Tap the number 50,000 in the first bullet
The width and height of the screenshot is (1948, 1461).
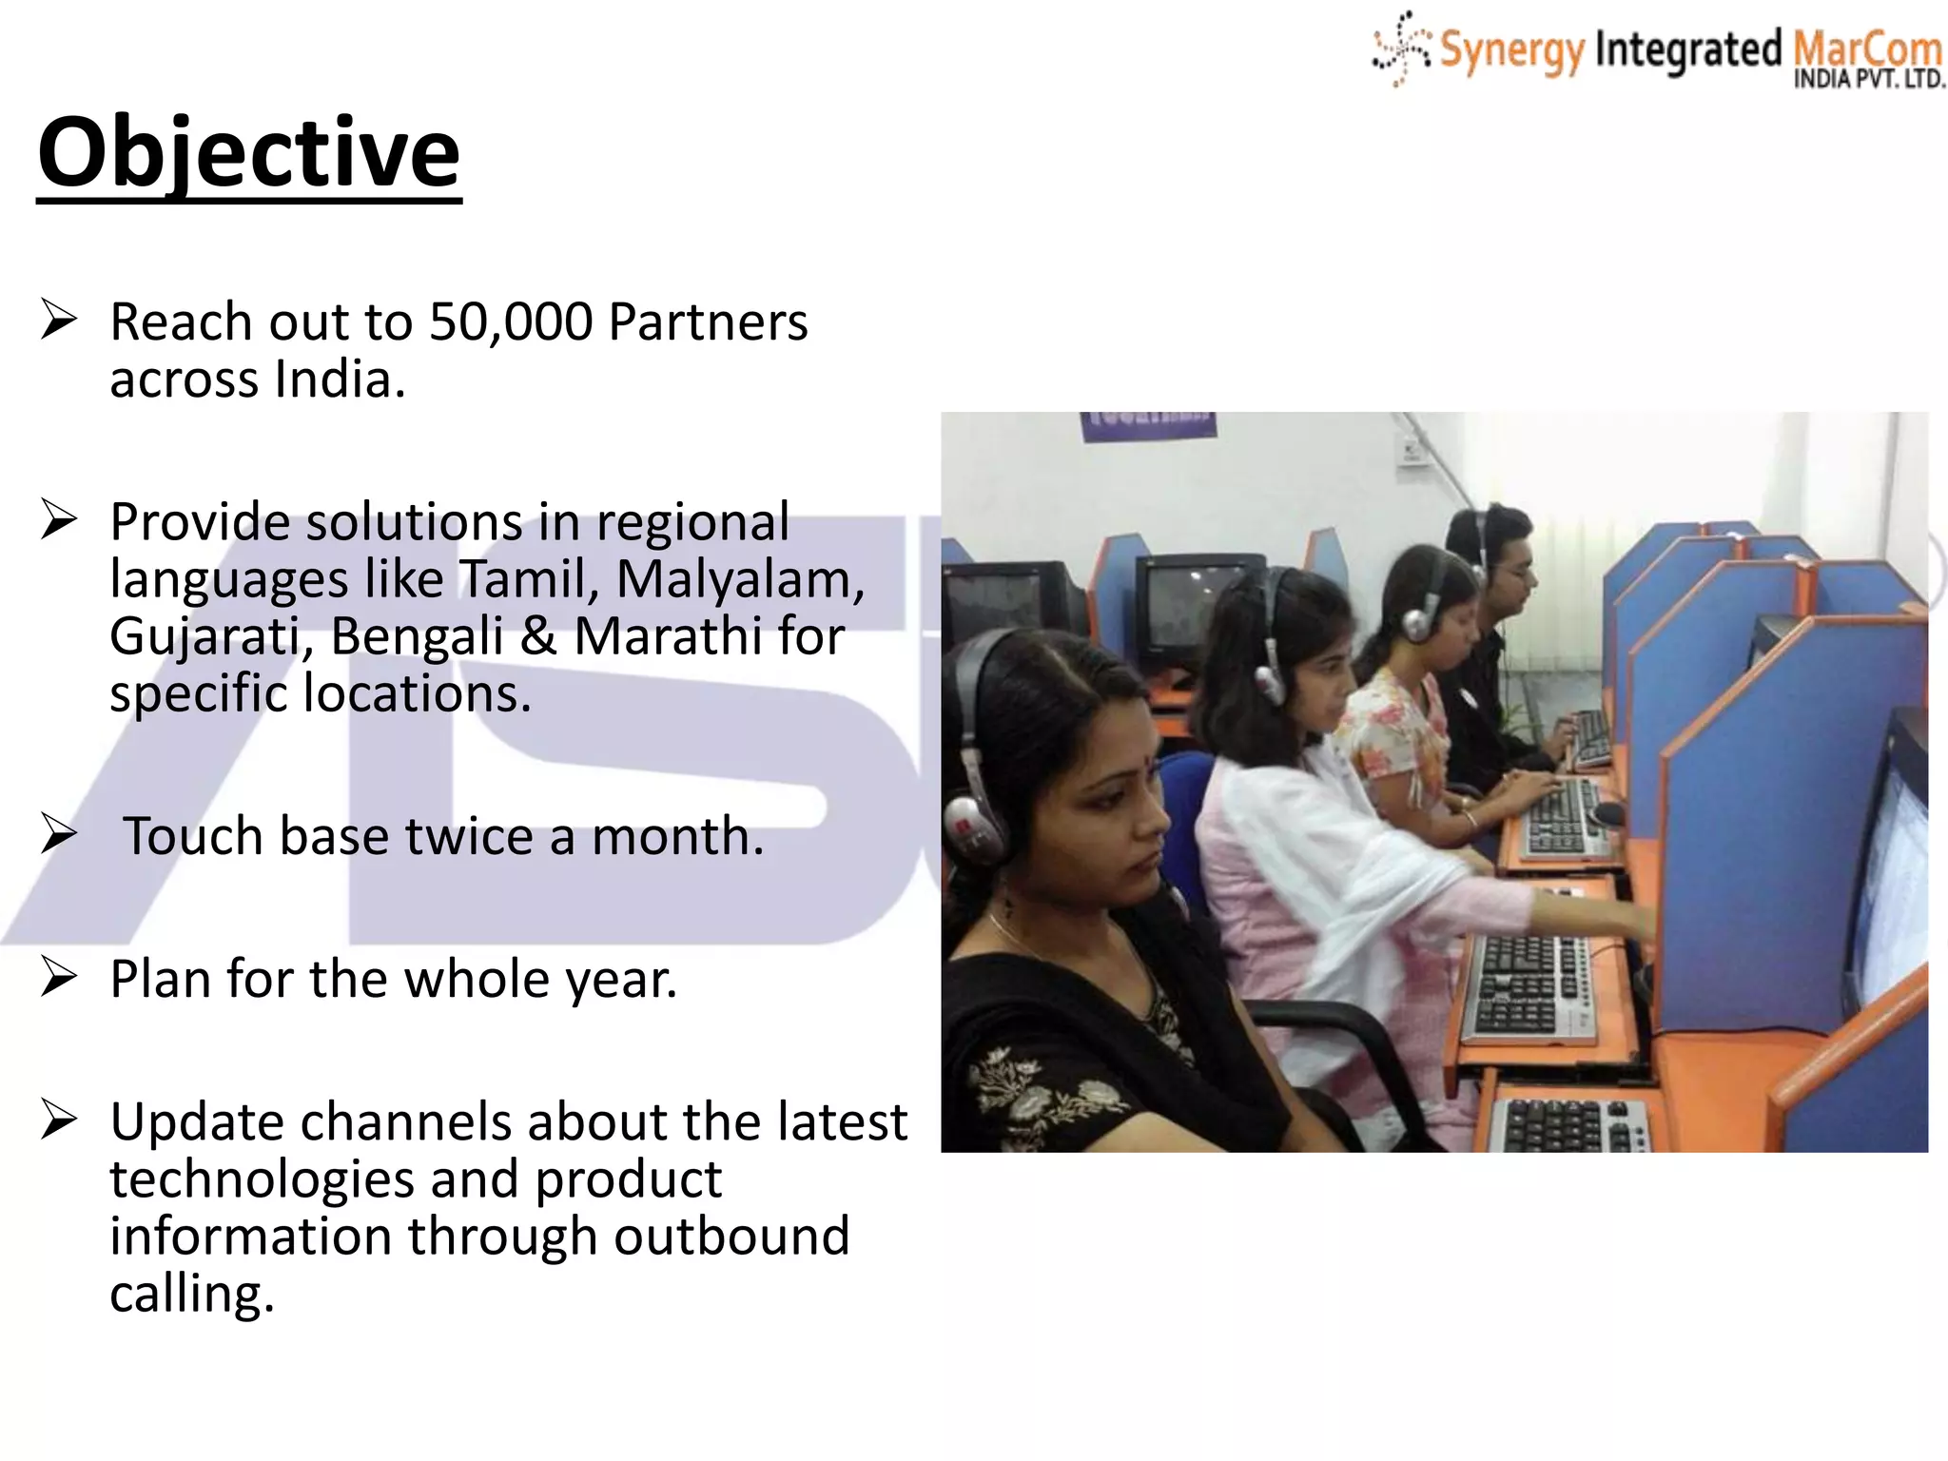click(511, 321)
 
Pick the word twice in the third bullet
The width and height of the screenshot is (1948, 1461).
click(469, 837)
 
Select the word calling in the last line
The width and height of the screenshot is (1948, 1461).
click(190, 1294)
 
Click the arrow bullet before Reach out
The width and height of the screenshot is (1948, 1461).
click(59, 320)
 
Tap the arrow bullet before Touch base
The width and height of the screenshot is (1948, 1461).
click(59, 834)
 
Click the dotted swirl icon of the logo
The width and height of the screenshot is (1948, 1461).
click(1399, 48)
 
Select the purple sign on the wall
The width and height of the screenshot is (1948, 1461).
click(1148, 425)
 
